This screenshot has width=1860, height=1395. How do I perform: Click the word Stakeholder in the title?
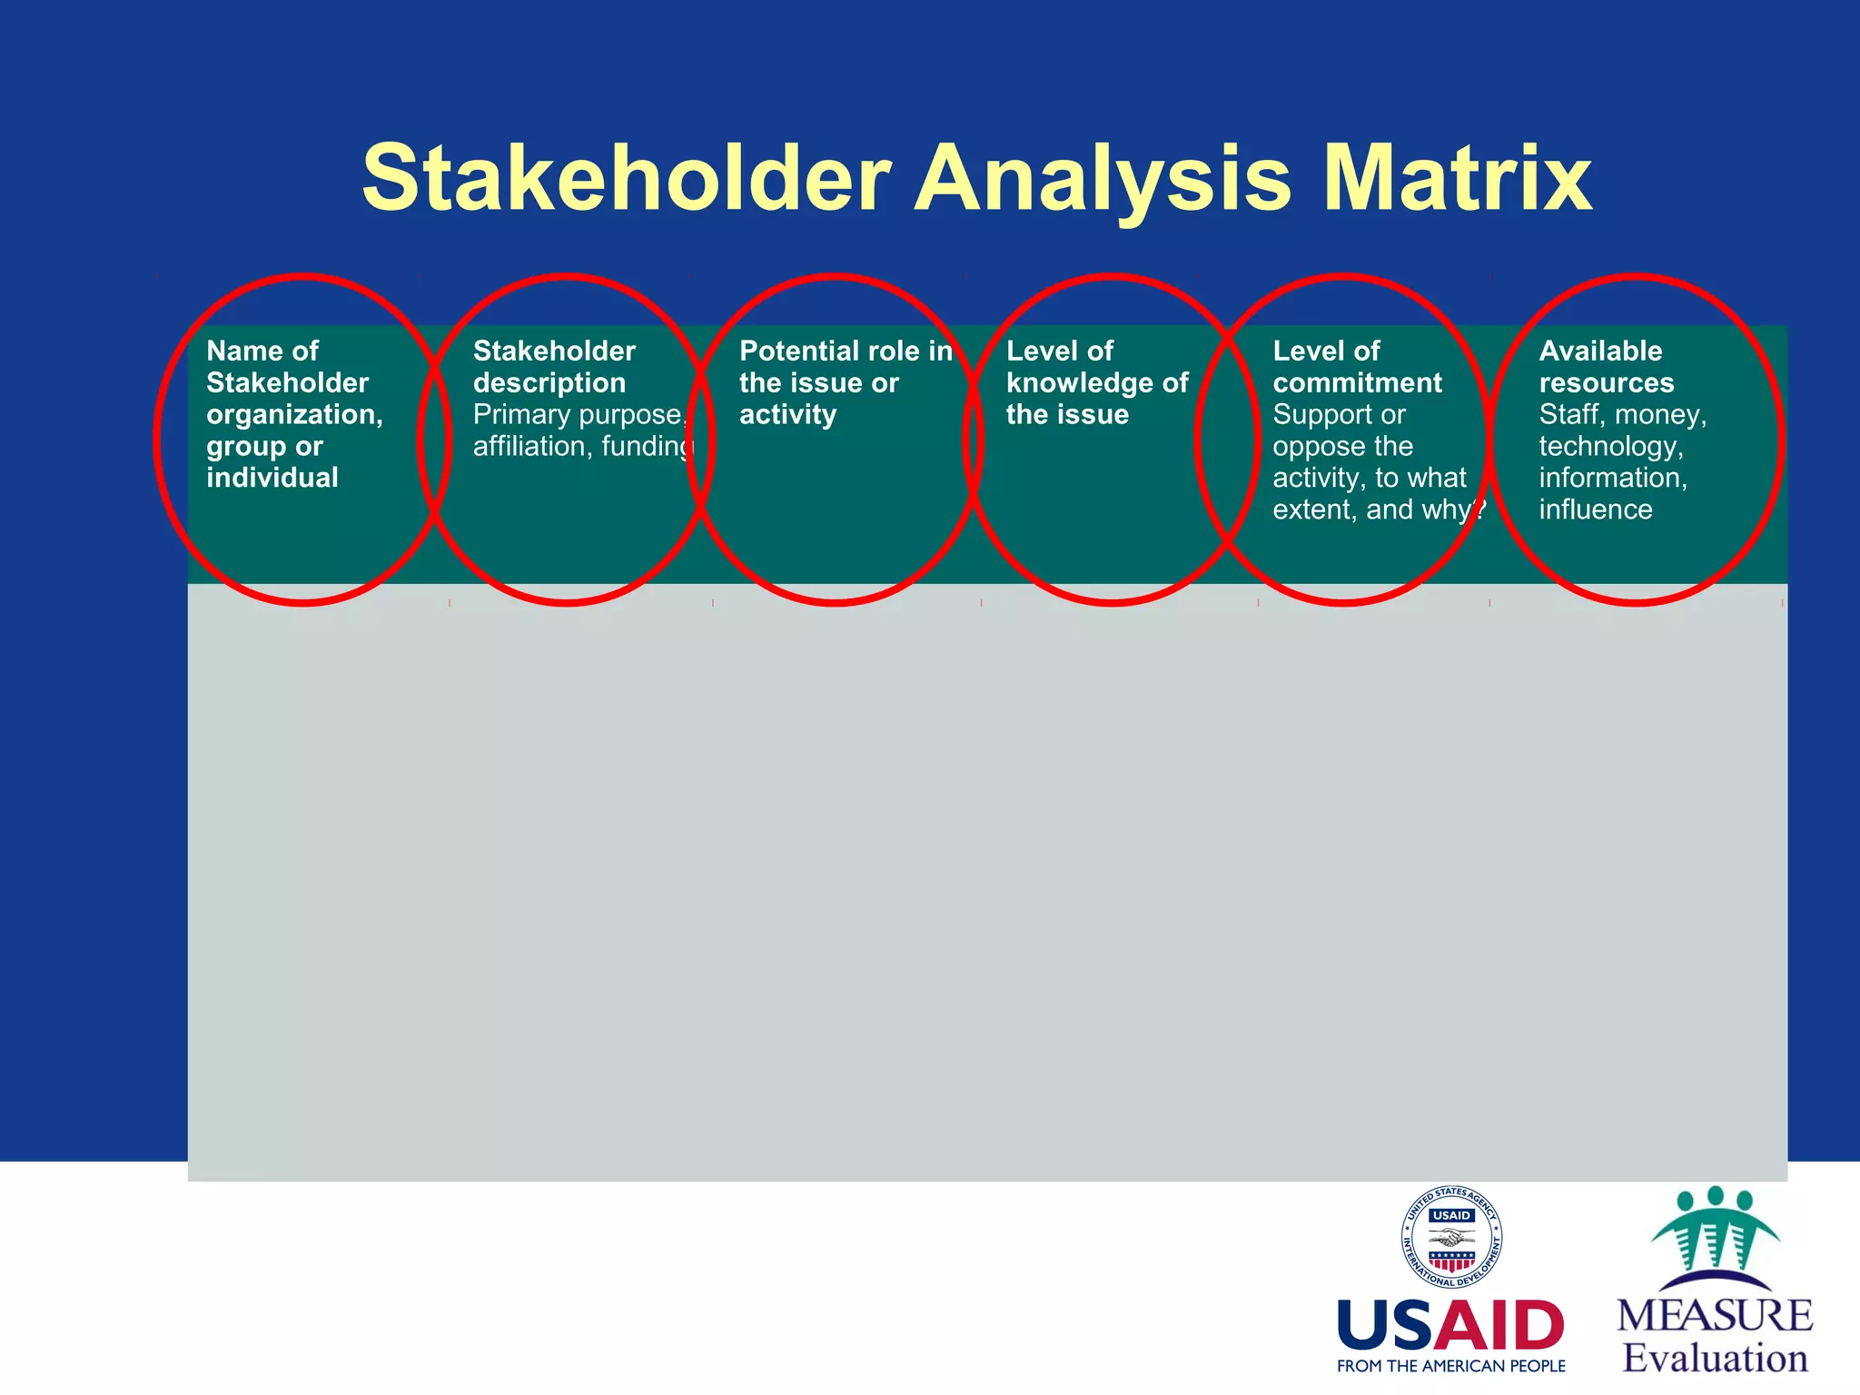627,178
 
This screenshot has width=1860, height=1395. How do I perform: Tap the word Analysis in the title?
1103,178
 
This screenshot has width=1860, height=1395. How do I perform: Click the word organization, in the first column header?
294,415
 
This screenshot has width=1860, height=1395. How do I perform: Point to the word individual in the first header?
272,478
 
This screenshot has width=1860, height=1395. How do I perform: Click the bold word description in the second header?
549,383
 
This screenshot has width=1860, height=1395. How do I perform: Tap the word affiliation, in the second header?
532,447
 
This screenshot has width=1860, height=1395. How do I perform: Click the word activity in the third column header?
787,415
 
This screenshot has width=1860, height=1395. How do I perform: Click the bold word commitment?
1356,383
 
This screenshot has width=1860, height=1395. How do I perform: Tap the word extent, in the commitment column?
1313,510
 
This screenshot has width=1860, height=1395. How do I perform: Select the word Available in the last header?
1600,351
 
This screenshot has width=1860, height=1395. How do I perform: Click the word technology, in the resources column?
1610,447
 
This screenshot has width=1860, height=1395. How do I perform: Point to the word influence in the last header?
1595,510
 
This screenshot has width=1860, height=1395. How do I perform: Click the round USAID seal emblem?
1450,1238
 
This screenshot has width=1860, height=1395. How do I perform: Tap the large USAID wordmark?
1450,1326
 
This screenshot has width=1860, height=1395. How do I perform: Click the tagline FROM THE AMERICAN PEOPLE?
1450,1366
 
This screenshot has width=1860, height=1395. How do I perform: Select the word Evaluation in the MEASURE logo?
1715,1358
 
